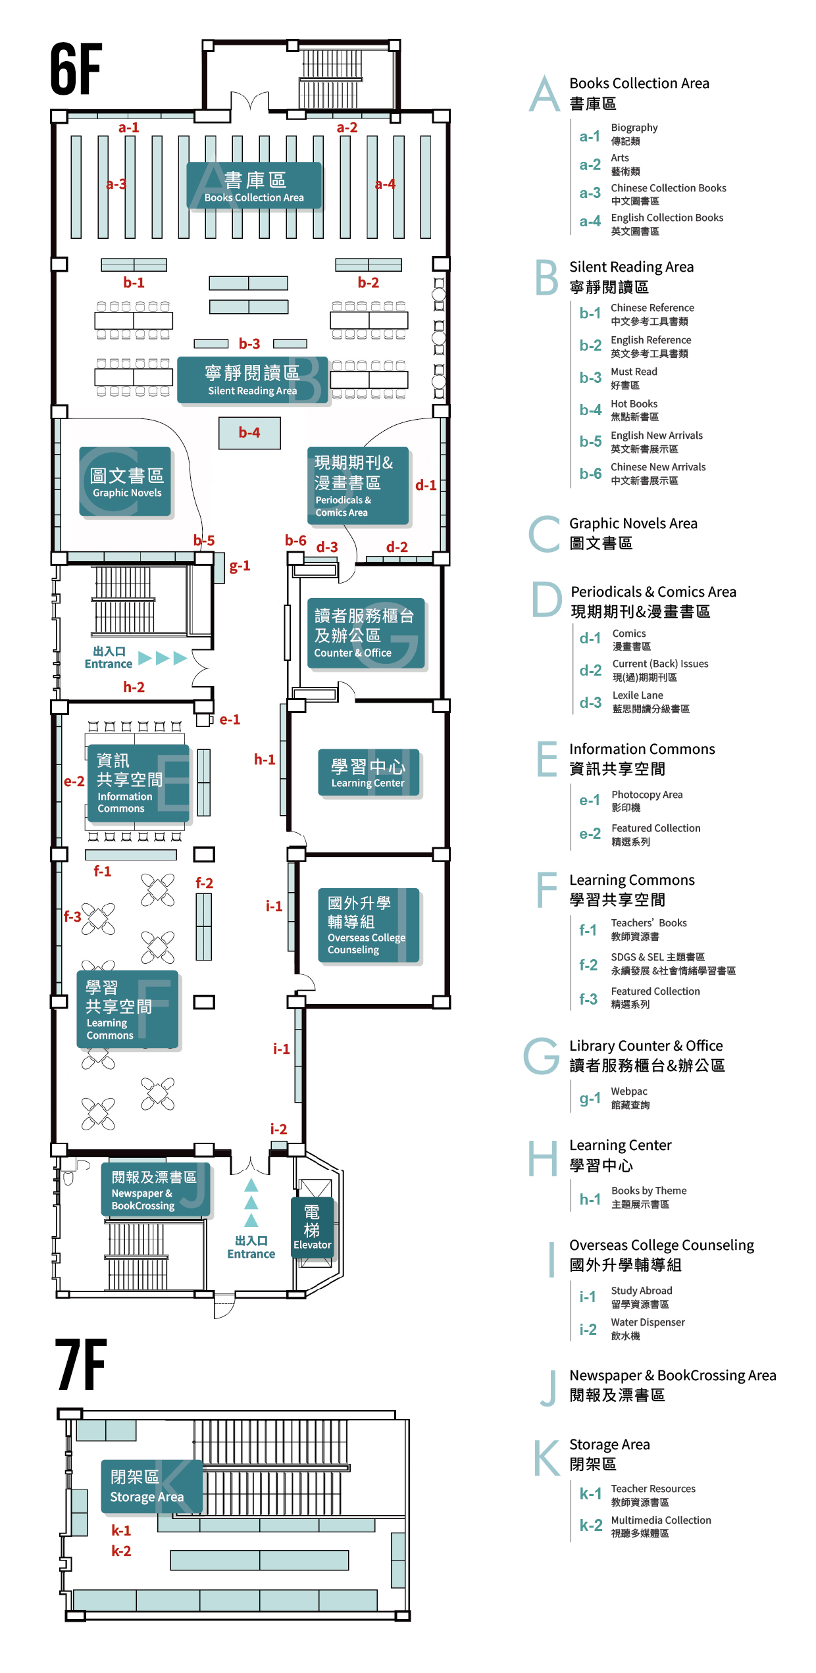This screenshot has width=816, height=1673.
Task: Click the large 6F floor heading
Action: click(76, 68)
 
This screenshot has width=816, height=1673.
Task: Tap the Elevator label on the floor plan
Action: click(312, 1228)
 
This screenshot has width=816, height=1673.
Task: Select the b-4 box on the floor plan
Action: click(249, 432)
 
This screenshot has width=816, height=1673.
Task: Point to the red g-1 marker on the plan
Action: click(240, 566)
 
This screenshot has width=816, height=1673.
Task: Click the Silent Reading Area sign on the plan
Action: click(252, 380)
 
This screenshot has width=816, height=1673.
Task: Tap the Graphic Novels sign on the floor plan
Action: click(126, 482)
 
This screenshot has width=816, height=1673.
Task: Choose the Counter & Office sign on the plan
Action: click(365, 633)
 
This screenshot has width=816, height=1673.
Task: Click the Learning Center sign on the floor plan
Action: click(368, 773)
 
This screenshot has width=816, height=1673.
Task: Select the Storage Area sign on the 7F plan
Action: click(147, 1486)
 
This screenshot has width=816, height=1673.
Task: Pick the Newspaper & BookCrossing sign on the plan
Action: click(154, 1189)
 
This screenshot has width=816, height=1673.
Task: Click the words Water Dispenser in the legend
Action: click(648, 1322)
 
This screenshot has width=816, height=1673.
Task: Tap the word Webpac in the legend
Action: click(628, 1091)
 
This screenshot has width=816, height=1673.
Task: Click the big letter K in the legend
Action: click(546, 1457)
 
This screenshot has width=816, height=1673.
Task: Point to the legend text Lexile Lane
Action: click(637, 695)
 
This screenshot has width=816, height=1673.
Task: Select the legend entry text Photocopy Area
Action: click(646, 794)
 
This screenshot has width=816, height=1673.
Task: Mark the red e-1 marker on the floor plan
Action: click(230, 720)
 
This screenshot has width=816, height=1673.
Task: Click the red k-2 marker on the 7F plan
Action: click(121, 1551)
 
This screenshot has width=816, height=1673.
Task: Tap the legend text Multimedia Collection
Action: click(661, 1520)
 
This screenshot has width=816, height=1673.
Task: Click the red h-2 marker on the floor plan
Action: click(134, 687)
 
